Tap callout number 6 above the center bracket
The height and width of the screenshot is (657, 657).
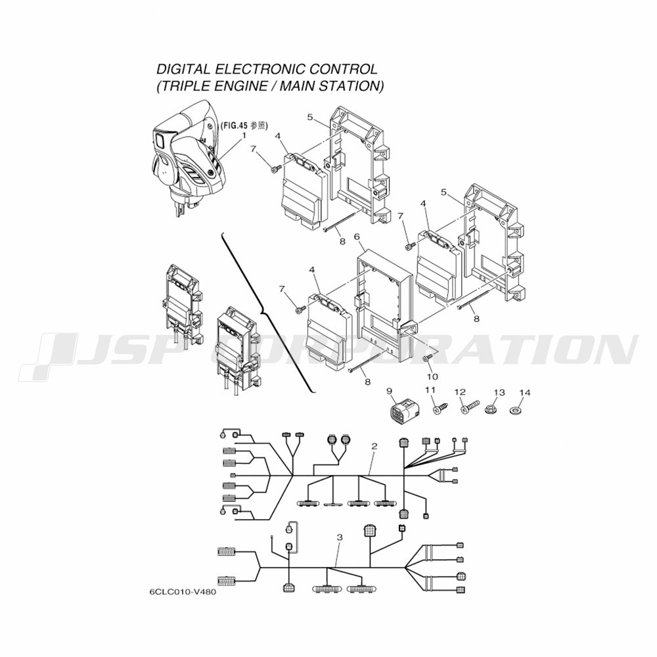tap(357, 237)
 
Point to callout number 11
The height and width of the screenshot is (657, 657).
tap(431, 391)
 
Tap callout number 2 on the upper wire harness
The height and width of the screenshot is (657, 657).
tap(374, 446)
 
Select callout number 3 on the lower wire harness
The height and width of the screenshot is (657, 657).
tap(339, 537)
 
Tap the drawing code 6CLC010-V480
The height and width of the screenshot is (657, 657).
tap(183, 591)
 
